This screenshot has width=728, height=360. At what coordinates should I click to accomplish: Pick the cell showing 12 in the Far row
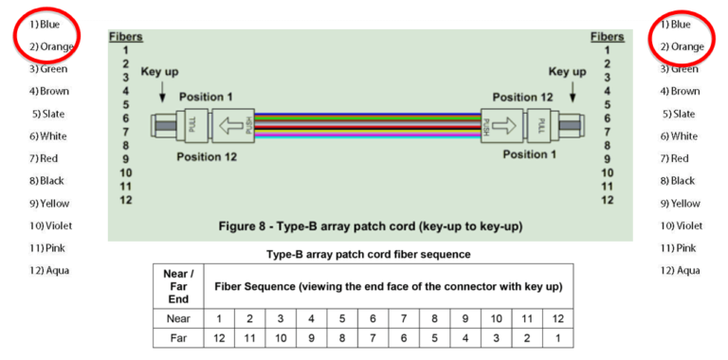tap(219, 337)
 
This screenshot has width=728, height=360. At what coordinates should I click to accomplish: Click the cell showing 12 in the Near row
tap(557, 318)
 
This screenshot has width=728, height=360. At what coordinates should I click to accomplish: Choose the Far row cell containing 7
tap(373, 337)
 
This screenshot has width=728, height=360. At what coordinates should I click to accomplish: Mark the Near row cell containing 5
tap(342, 318)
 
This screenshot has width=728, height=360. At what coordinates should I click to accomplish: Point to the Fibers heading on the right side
tap(607, 37)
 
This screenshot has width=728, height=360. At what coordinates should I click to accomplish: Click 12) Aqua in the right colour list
tap(680, 270)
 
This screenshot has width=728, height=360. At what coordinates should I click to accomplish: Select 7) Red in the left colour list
tap(45, 158)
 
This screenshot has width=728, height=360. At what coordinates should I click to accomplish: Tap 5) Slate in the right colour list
tap(680, 114)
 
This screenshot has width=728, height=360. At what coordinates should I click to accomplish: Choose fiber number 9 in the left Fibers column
tap(125, 159)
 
